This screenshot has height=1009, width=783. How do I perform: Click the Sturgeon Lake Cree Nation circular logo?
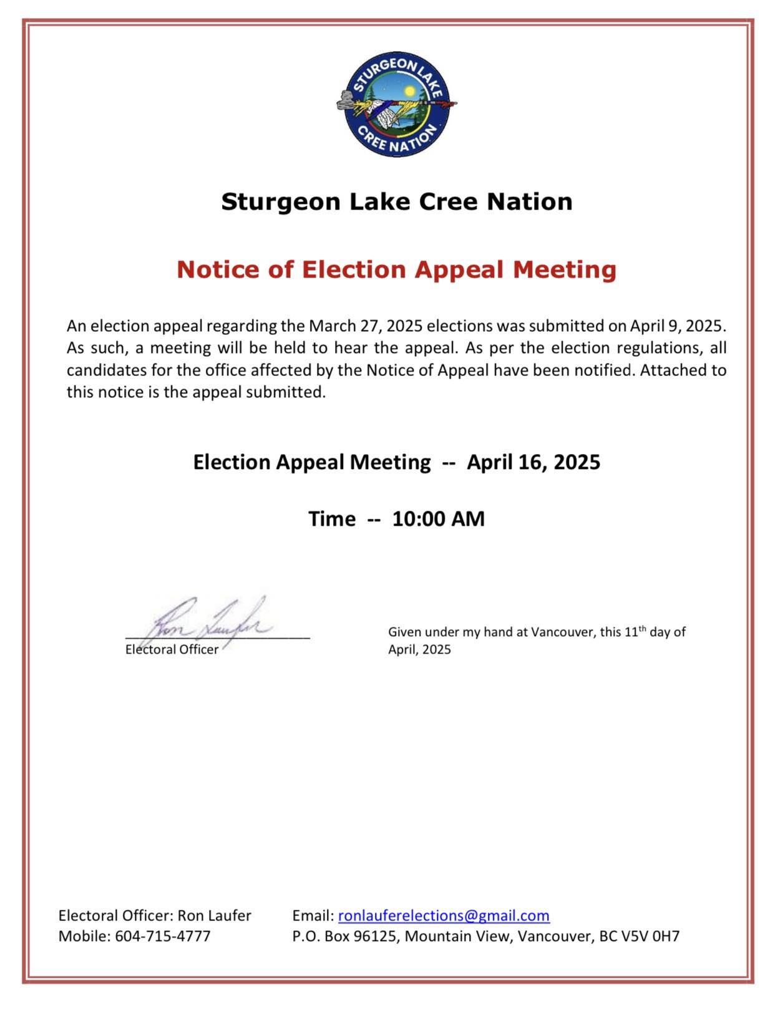point(396,104)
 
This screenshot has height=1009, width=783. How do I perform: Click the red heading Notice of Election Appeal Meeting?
point(396,269)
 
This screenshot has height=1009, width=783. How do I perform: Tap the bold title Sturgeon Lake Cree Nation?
point(396,201)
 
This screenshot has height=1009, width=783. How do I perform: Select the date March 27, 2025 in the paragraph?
point(366,326)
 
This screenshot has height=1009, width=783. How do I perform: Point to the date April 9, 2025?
point(676,326)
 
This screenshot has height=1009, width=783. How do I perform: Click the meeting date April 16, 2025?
point(533,462)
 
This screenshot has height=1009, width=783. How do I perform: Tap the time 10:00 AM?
point(438,519)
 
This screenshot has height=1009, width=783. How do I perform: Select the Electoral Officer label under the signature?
point(172,649)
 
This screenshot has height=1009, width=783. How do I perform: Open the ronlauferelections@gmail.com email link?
point(444,915)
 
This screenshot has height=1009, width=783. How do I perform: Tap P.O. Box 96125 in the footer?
point(345,936)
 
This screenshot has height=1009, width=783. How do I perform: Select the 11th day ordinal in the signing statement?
point(635,631)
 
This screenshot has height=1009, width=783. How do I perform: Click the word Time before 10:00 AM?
point(332,519)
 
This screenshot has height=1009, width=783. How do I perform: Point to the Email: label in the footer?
point(313,915)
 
